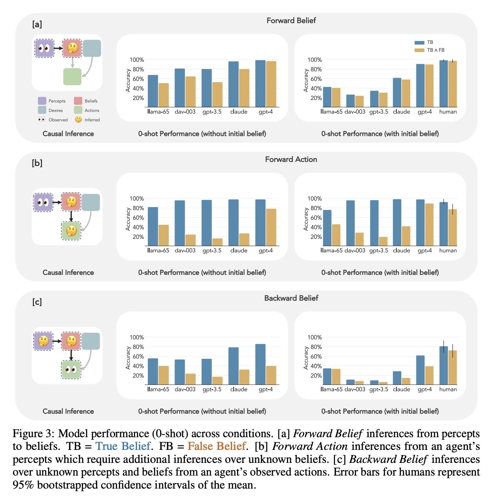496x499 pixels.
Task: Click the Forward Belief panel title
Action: (291, 20)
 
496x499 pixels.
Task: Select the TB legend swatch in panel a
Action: (419, 43)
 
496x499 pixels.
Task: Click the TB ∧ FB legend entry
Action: (429, 50)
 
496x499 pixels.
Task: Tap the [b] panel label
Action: (37, 163)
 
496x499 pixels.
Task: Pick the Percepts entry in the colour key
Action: (52, 101)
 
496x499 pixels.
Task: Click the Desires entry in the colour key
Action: (50, 111)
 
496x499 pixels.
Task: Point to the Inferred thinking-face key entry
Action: (88, 120)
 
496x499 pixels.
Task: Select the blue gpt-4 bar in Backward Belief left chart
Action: (260, 364)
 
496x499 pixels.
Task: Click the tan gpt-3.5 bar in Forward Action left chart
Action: (217, 242)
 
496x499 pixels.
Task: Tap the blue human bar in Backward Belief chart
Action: (444, 365)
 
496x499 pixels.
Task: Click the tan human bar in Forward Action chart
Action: (452, 227)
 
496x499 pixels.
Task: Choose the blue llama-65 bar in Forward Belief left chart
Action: (153, 91)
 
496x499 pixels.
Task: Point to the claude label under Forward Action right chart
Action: (401, 250)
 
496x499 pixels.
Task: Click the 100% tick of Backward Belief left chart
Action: (137, 337)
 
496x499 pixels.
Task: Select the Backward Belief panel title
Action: (291, 298)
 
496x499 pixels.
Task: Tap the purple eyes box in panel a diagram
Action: (45, 48)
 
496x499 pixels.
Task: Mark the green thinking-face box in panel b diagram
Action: (71, 231)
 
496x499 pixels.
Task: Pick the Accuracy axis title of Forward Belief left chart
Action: (128, 80)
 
